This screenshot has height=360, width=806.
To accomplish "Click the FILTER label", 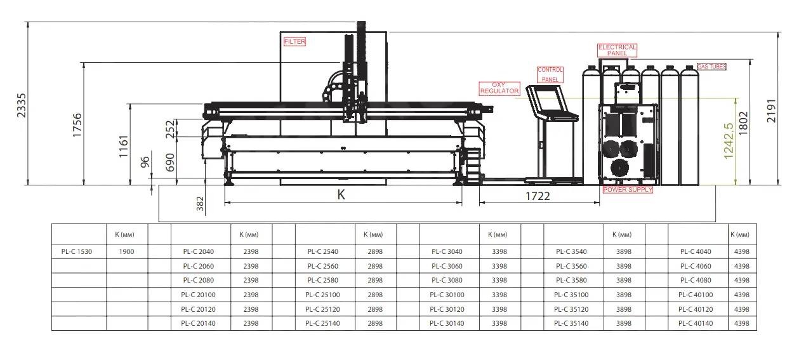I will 294,42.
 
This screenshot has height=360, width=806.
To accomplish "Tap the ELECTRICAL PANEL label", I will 617,50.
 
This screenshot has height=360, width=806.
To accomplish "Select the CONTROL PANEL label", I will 550,75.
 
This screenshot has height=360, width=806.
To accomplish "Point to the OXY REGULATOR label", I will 499,88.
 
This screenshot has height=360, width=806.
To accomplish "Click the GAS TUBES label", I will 711,67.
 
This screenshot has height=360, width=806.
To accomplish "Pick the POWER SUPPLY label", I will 628,190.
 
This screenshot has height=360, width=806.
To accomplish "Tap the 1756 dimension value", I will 77,125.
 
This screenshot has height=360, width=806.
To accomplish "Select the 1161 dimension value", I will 124,146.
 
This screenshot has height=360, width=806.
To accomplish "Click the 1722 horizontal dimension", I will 537,196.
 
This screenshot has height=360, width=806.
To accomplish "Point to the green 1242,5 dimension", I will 729,141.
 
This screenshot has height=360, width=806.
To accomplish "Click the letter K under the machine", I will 341,195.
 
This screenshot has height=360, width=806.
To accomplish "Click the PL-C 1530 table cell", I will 77,251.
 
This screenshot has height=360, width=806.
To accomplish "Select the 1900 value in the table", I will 126,251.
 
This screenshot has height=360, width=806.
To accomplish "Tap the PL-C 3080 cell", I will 447,280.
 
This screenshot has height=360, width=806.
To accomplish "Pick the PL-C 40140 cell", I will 696,324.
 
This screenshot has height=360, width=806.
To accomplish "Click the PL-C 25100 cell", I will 322,295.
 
